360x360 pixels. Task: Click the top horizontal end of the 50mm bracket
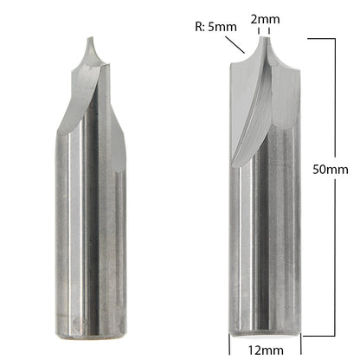coord(320,38)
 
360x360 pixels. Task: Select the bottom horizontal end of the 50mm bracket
coord(320,334)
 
